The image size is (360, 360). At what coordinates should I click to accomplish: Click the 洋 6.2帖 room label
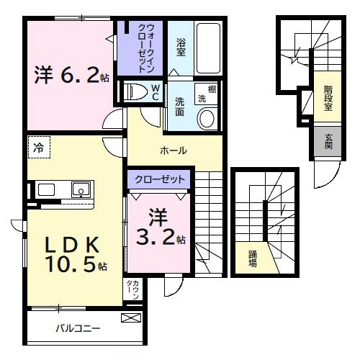pyautogui.click(x=71, y=74)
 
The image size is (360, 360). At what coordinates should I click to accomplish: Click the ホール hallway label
pyautogui.click(x=174, y=150)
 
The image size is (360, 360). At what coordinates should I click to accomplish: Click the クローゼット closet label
pyautogui.click(x=159, y=179)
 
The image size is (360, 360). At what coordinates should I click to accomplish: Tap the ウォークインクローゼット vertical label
pyautogui.click(x=153, y=48)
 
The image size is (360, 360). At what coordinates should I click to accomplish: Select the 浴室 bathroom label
pyautogui.click(x=181, y=45)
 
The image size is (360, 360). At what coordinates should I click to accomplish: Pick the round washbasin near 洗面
pyautogui.click(x=208, y=118)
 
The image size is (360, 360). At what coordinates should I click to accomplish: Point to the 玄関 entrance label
pyautogui.click(x=328, y=142)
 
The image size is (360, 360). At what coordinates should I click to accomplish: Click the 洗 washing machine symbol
pyautogui.click(x=202, y=97)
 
